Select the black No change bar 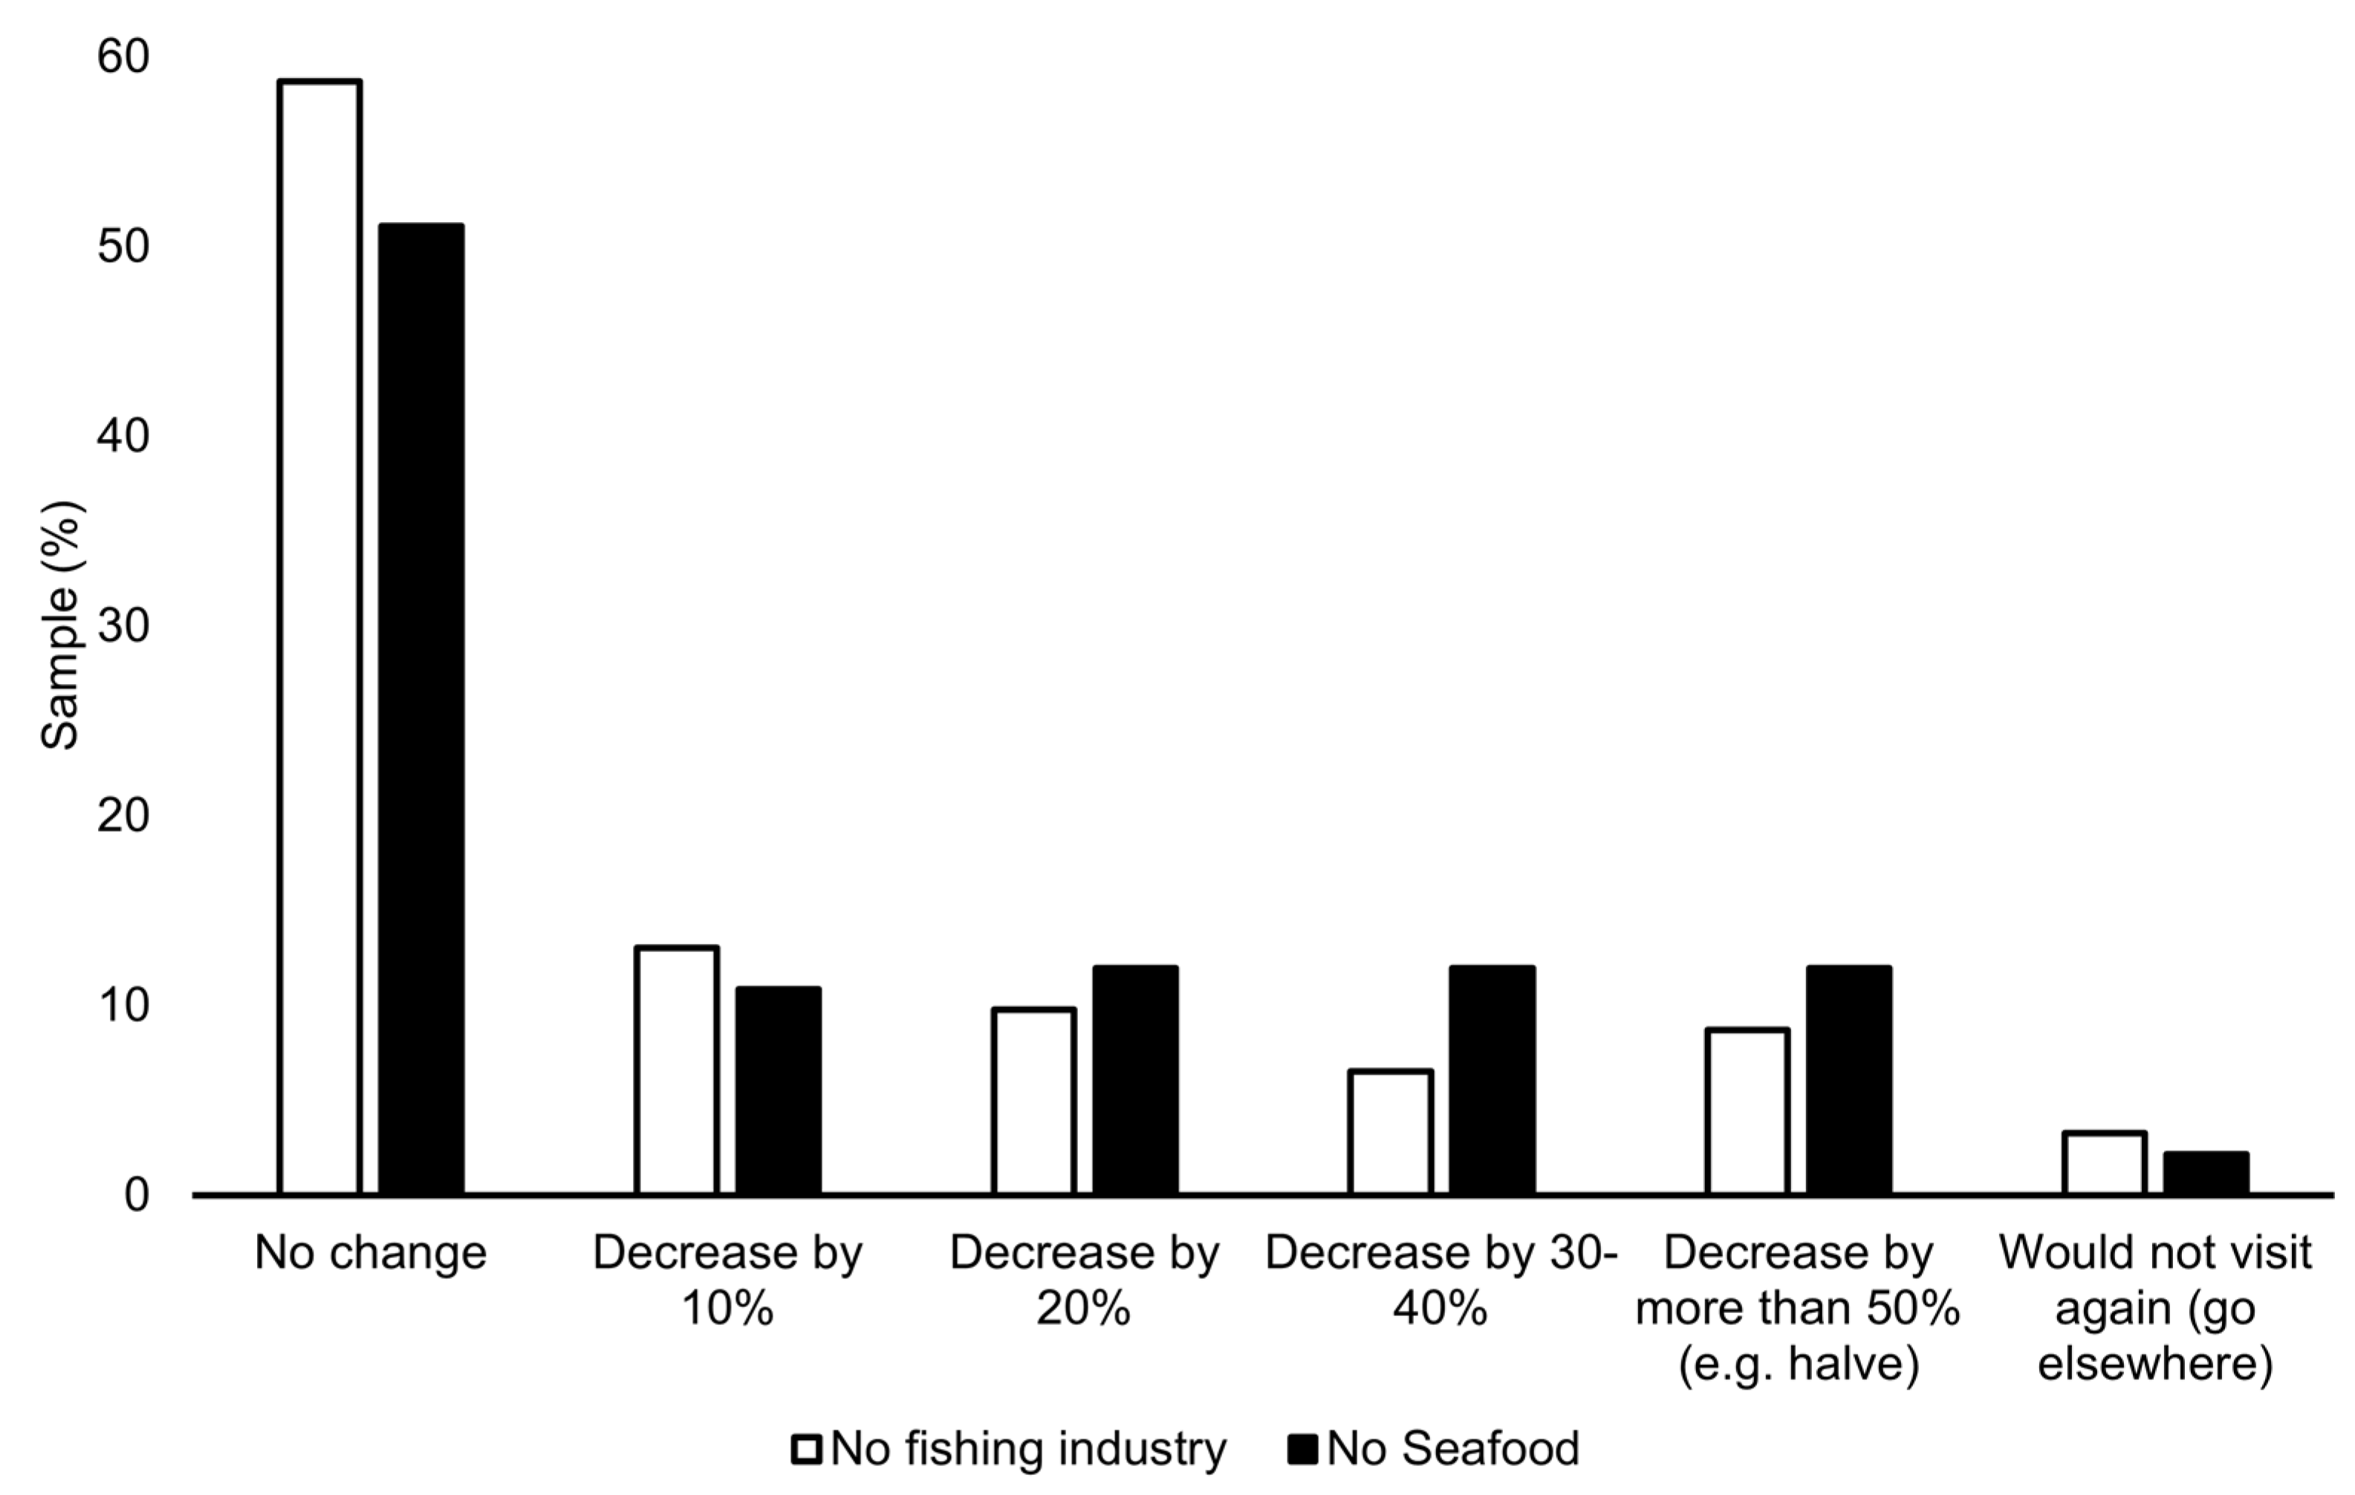point(421,709)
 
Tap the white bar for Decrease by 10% point(677,1071)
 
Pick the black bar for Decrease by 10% point(779,1090)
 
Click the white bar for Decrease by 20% point(1033,1101)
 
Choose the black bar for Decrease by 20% point(1135,1081)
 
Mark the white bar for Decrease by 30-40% point(1391,1133)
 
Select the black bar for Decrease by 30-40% point(1492,1081)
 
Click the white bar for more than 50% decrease point(1747,1112)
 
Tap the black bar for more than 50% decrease point(1849,1081)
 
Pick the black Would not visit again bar point(2206,1173)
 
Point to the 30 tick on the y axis point(123,626)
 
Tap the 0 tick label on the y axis point(136,1195)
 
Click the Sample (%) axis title point(61,626)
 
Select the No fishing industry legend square point(807,1448)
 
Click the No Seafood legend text point(1452,1448)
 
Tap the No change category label point(371,1252)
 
